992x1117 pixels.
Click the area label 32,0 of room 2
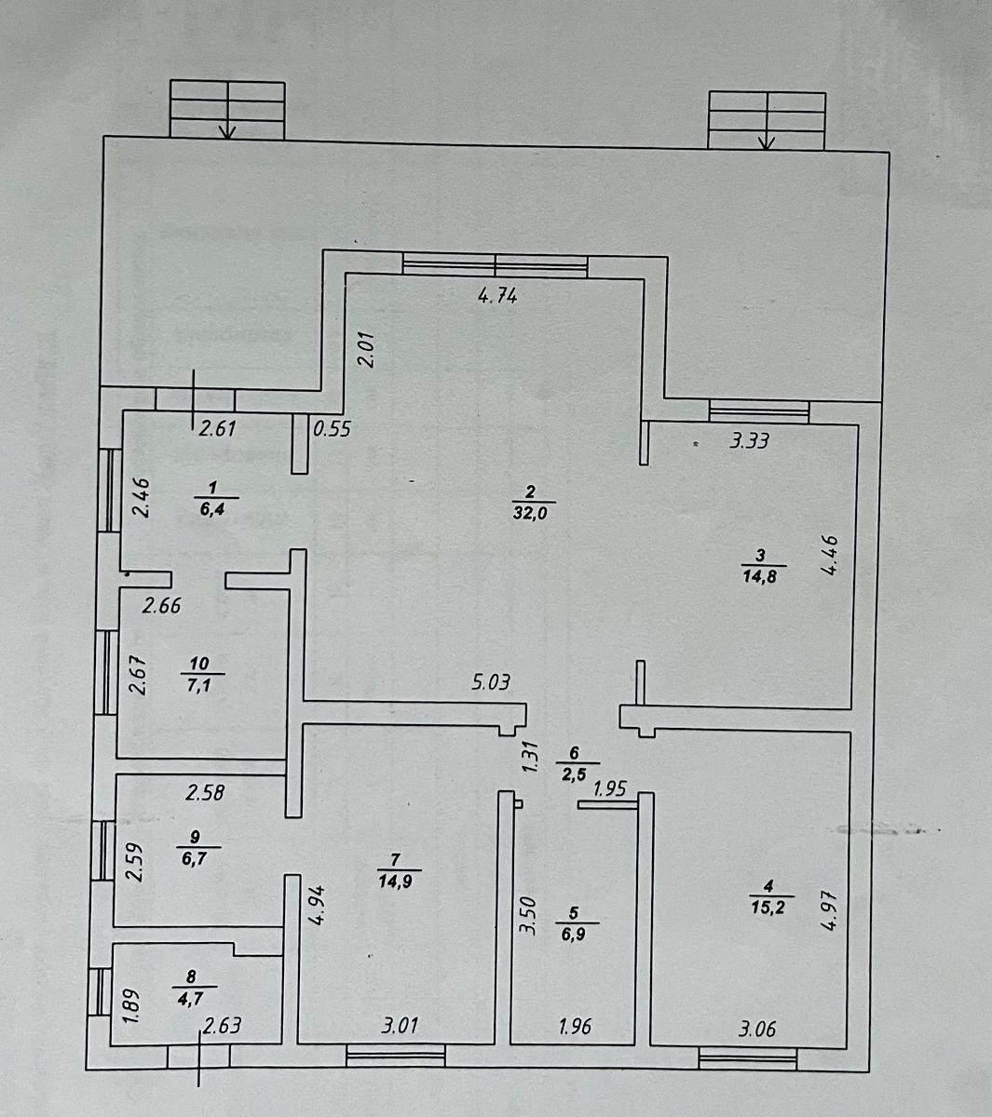[x=528, y=511]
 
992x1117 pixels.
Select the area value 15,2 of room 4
[x=771, y=909]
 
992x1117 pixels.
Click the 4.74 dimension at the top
[x=496, y=298]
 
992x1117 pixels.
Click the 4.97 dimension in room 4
[x=832, y=912]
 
